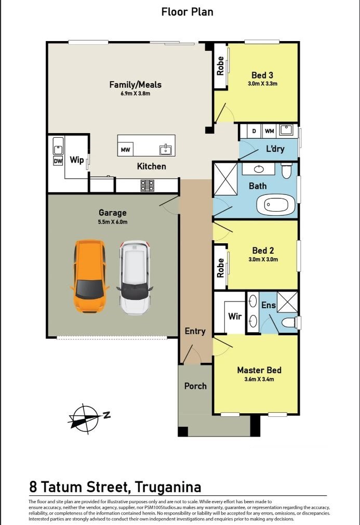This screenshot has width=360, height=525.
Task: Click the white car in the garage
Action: pyautogui.click(x=135, y=277)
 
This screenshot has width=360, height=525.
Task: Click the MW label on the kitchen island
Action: pyautogui.click(x=125, y=150)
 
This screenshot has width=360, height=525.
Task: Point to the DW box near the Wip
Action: pyautogui.click(x=58, y=161)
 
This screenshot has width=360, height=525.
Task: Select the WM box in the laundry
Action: pyautogui.click(x=269, y=130)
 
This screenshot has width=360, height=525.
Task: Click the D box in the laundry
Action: pyautogui.click(x=254, y=130)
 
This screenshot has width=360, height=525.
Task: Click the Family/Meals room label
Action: pyautogui.click(x=135, y=84)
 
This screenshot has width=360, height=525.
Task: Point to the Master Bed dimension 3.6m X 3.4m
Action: pyautogui.click(x=259, y=379)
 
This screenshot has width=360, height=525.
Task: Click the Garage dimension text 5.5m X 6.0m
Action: pyautogui.click(x=113, y=221)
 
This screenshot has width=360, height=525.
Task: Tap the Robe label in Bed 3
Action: pyautogui.click(x=221, y=66)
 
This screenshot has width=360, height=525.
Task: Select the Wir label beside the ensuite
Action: pyautogui.click(x=235, y=316)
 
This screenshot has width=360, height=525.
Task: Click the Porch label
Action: pyautogui.click(x=195, y=386)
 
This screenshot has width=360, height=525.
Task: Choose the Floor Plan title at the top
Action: pyautogui.click(x=187, y=11)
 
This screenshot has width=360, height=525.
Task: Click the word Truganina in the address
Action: pyautogui.click(x=168, y=487)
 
